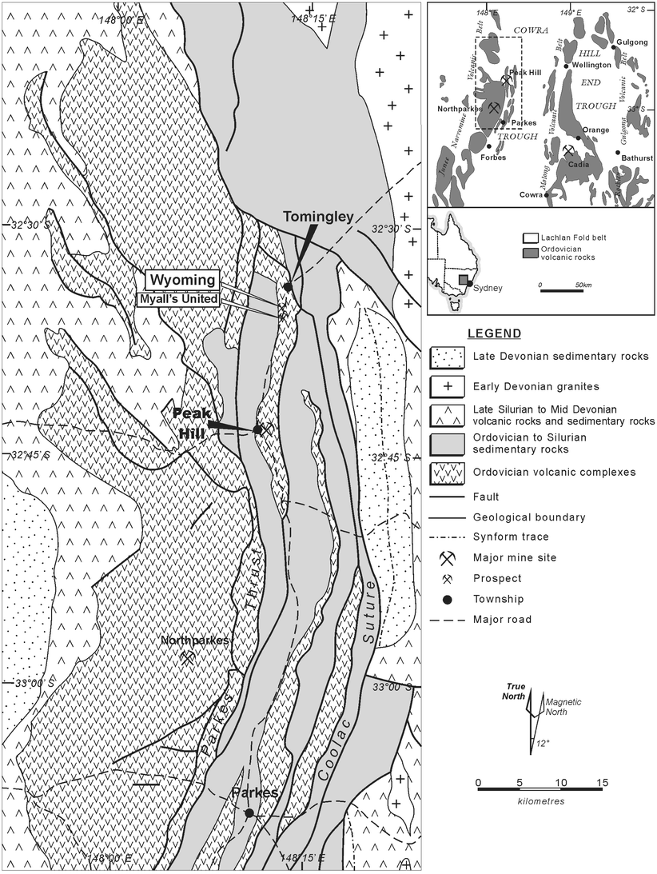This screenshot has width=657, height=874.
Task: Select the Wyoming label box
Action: [181, 280]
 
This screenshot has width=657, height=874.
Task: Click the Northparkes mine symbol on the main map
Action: [188, 658]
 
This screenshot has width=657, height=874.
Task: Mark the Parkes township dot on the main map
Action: [249, 812]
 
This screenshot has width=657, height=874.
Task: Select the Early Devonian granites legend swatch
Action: [448, 386]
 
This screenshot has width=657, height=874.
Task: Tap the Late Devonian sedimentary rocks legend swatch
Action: [448, 357]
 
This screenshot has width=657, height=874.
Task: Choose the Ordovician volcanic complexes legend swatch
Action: [448, 472]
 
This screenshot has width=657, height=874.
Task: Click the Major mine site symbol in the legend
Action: [448, 557]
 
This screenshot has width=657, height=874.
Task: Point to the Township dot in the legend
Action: [448, 599]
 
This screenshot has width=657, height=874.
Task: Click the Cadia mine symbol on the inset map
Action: [568, 150]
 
